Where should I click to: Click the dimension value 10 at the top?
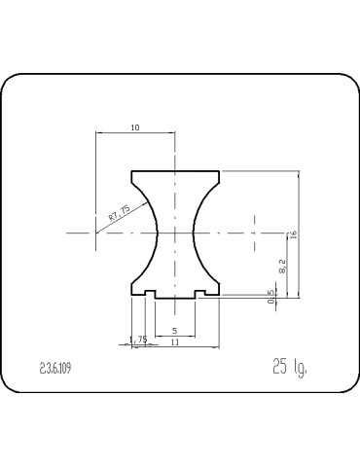134,126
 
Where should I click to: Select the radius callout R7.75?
119,214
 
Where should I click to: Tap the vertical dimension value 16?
292,233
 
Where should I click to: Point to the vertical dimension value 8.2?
282,264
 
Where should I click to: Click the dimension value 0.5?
271,299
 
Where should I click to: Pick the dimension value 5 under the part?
174,331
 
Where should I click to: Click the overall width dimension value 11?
174,342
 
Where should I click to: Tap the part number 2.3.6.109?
55,368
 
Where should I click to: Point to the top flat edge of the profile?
175,171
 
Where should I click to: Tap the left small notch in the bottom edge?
151,293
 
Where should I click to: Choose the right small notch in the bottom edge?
199,293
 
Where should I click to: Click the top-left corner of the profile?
132,172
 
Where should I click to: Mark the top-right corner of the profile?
219,172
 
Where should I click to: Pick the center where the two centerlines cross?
175,233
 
